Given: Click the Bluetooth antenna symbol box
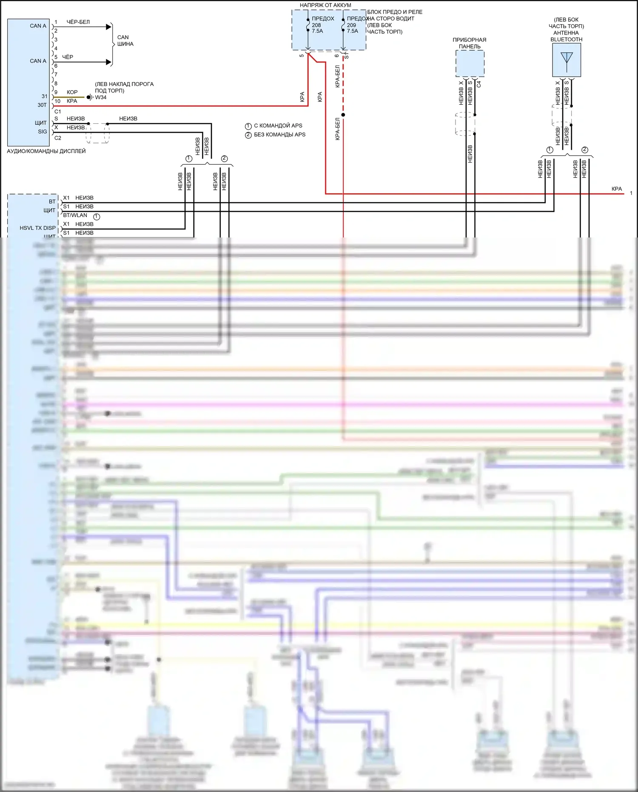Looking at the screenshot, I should [x=567, y=60].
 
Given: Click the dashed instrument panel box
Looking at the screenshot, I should [x=470, y=64].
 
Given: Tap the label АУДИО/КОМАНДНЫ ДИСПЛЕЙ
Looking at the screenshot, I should [x=46, y=151].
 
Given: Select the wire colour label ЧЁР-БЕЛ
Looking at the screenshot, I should [x=78, y=22].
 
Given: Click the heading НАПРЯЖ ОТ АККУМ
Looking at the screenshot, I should [x=325, y=5].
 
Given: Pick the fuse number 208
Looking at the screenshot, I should [x=316, y=25].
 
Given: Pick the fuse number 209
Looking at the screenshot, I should [x=351, y=25].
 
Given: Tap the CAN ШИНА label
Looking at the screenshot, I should [x=125, y=40].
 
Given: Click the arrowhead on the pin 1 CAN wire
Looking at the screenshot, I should [x=108, y=27].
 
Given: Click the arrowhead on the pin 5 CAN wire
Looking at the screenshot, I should [x=108, y=62].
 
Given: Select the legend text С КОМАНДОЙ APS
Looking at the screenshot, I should [x=278, y=126].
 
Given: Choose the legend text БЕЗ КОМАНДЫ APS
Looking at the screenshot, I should [x=279, y=134].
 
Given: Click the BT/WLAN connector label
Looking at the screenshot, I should [x=75, y=215].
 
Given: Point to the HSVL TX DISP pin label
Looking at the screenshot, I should [x=37, y=228].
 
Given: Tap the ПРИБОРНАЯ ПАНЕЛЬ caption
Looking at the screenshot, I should [x=469, y=43].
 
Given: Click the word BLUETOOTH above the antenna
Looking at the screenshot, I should [x=566, y=40].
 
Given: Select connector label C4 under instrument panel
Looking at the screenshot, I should [x=478, y=84].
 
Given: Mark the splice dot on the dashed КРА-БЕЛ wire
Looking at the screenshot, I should [x=343, y=114].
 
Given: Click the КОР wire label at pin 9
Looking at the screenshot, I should [x=72, y=92].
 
